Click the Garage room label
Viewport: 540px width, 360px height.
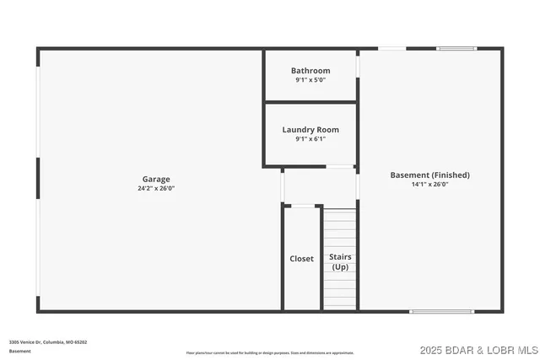click(156, 179)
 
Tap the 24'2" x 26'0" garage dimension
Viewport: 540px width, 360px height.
click(156, 188)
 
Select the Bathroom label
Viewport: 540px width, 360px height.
click(310, 71)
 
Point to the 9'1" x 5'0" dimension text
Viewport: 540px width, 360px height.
click(310, 80)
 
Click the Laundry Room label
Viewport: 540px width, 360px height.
click(310, 130)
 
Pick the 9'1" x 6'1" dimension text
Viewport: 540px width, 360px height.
click(310, 139)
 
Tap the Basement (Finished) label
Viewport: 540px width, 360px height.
click(429, 175)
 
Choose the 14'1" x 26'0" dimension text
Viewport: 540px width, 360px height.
click(429, 184)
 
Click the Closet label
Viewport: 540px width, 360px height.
click(301, 259)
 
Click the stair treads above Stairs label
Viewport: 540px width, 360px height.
click(340, 228)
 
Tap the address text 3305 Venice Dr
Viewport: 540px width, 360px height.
click(48, 342)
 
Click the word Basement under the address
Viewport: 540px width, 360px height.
click(20, 351)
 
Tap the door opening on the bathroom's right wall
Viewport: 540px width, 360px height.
click(358, 67)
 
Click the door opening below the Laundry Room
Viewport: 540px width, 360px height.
click(340, 167)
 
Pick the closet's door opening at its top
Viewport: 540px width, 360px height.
click(303, 206)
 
